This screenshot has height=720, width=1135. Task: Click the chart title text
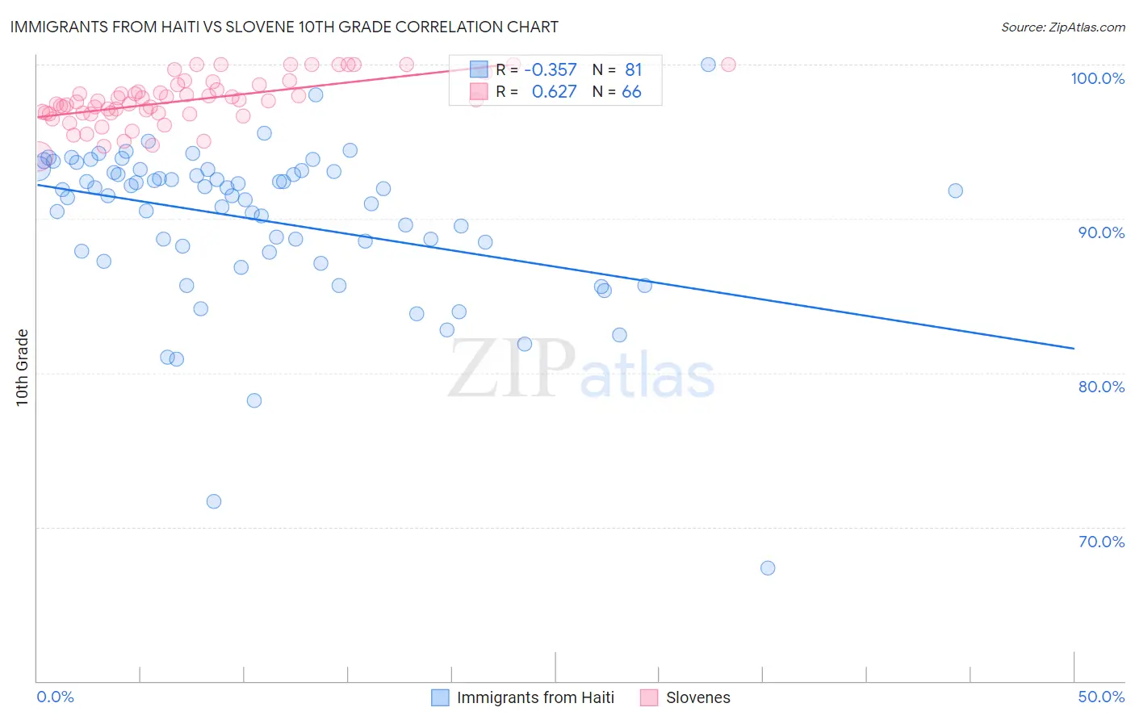[283, 27]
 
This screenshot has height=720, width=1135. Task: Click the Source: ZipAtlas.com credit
[1062, 27]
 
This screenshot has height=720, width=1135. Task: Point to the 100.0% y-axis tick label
[1097, 78]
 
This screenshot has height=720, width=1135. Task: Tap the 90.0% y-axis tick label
[1101, 232]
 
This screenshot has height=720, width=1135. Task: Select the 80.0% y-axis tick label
[1101, 387]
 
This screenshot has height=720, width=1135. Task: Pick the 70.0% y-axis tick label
[1101, 542]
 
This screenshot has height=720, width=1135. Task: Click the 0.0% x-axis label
[55, 697]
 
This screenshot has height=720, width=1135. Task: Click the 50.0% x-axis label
[1101, 697]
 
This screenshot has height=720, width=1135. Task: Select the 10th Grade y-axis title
[23, 367]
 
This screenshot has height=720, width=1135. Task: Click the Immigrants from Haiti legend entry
[534, 697]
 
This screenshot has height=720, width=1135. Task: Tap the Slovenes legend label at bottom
[697, 697]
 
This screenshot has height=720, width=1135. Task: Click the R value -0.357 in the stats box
[551, 70]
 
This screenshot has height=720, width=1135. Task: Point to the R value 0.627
[554, 92]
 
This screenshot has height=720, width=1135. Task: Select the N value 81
[633, 70]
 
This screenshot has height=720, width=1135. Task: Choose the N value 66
[631, 92]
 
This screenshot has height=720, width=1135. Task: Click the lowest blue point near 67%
[768, 568]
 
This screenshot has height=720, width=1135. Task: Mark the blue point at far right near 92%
[955, 191]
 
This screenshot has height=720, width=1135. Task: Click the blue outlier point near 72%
[214, 501]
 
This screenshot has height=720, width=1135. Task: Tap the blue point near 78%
[254, 400]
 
